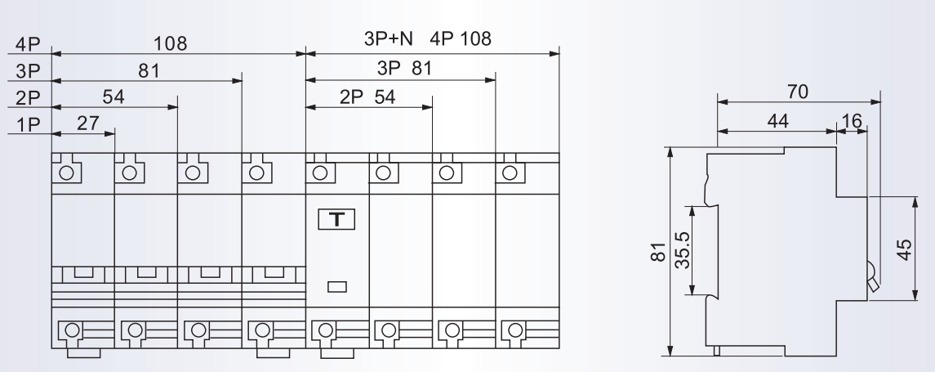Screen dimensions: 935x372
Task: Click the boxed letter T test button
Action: tap(336, 220)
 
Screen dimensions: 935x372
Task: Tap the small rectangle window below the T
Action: tap(337, 287)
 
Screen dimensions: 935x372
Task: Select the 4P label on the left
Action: tap(28, 44)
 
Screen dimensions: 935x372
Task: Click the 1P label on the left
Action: tap(28, 124)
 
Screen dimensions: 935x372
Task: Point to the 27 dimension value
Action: tap(87, 123)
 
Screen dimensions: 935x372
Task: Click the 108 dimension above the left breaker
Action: tap(170, 43)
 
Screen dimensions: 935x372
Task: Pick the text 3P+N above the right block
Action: tap(388, 38)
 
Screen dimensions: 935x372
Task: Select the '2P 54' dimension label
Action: tap(367, 96)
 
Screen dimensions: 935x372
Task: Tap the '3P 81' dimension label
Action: tap(404, 68)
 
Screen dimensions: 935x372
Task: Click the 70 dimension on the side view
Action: tap(797, 92)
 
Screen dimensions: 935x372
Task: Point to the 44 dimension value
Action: tap(777, 121)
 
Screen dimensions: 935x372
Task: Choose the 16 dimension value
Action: tap(852, 121)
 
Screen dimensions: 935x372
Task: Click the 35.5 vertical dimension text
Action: tap(682, 249)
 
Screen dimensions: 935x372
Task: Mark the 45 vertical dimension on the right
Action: tap(904, 249)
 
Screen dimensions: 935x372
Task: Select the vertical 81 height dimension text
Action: tap(657, 251)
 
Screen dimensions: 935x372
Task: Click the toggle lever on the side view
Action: tap(872, 278)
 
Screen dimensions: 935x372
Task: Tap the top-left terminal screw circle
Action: tap(66, 173)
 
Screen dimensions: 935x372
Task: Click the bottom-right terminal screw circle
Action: tap(515, 329)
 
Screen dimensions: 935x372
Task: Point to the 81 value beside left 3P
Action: tap(149, 70)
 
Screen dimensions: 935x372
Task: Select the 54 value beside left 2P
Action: tap(114, 96)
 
